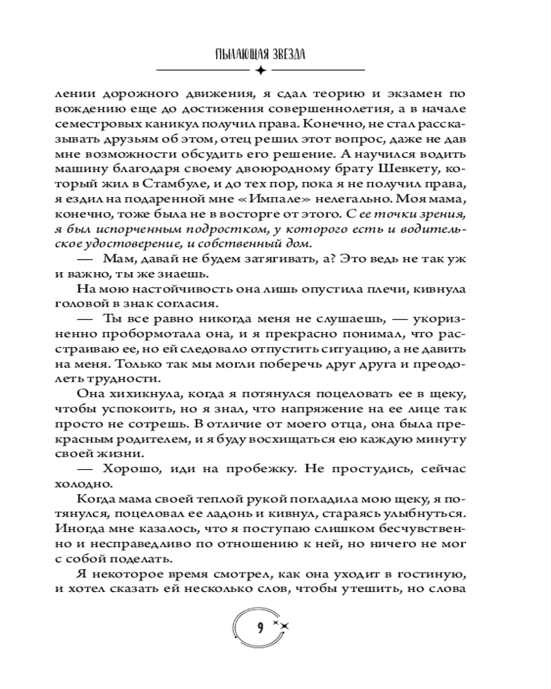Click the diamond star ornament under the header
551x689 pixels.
(x=260, y=70)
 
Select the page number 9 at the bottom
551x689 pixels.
(x=259, y=627)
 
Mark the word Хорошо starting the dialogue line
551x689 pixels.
(x=129, y=469)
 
